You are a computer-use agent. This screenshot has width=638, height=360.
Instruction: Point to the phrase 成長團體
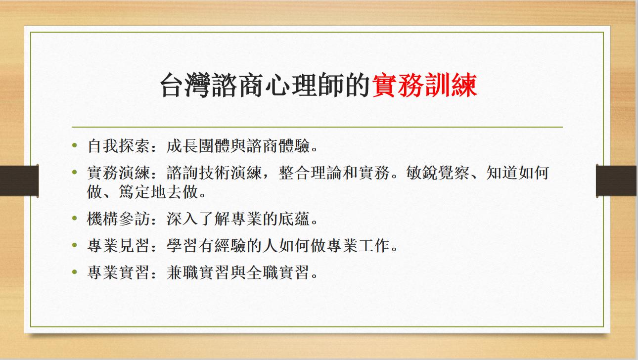coord(198,146)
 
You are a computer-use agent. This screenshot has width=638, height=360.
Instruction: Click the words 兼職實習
coord(198,272)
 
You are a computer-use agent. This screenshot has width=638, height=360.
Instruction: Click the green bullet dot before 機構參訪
coord(75,218)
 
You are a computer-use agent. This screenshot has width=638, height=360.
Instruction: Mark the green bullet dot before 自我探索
coord(75,146)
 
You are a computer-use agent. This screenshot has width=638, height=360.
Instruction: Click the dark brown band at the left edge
coord(19,180)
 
